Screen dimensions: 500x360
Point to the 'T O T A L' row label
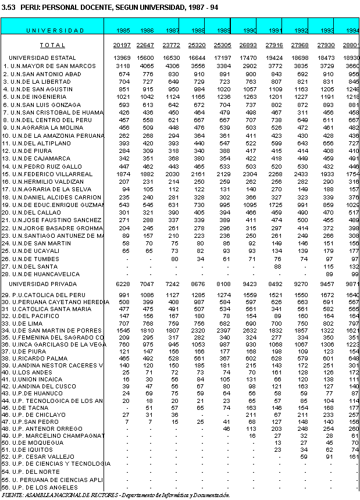[53, 45]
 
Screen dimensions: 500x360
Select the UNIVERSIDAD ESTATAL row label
[42, 58]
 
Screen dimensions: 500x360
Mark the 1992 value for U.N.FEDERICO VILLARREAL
[300, 173]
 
